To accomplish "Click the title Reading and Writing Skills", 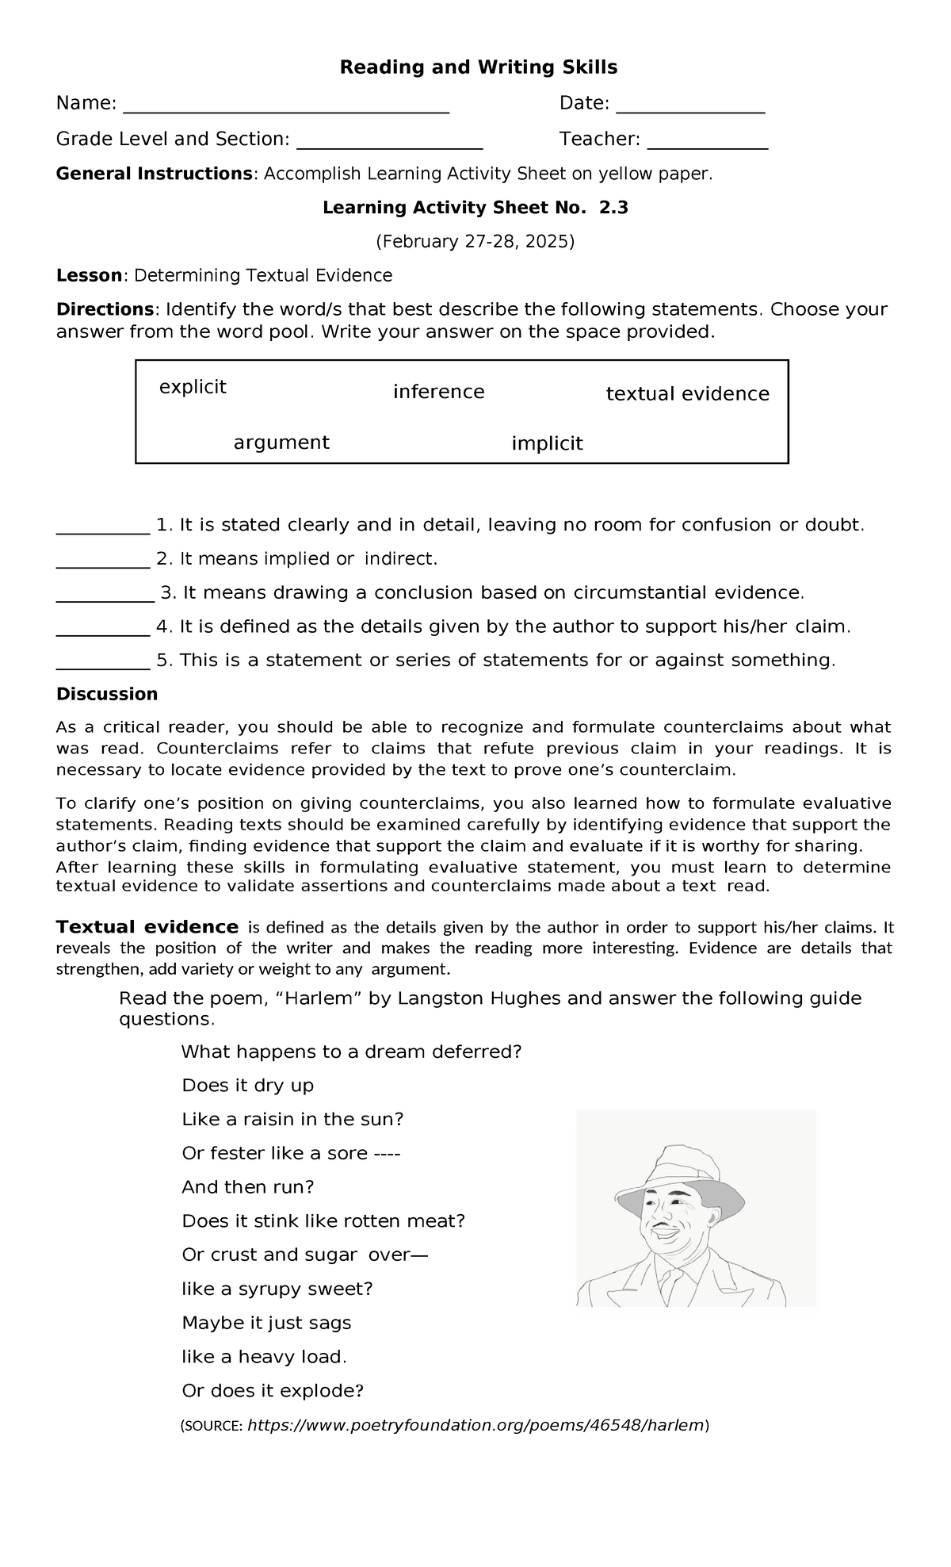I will [x=478, y=67].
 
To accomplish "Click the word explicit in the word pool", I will [x=193, y=387].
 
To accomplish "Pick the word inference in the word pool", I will [x=438, y=392].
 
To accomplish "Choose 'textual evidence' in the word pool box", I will [x=687, y=394].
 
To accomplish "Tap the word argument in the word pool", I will [x=281, y=443].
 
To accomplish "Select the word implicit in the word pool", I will [x=547, y=443].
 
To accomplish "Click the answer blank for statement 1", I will [x=102, y=531].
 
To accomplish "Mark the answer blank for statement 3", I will [x=105, y=599].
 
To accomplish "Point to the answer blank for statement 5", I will [x=102, y=666].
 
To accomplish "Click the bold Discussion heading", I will [x=106, y=695].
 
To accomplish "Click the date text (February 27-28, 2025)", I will [x=475, y=242].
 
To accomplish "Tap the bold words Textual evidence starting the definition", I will [x=147, y=927].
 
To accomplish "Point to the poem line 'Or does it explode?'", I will [x=273, y=1391].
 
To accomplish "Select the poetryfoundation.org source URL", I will [x=475, y=1425].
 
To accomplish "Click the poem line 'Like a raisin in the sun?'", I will [x=292, y=1120].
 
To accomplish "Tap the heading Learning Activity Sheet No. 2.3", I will [x=475, y=208].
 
